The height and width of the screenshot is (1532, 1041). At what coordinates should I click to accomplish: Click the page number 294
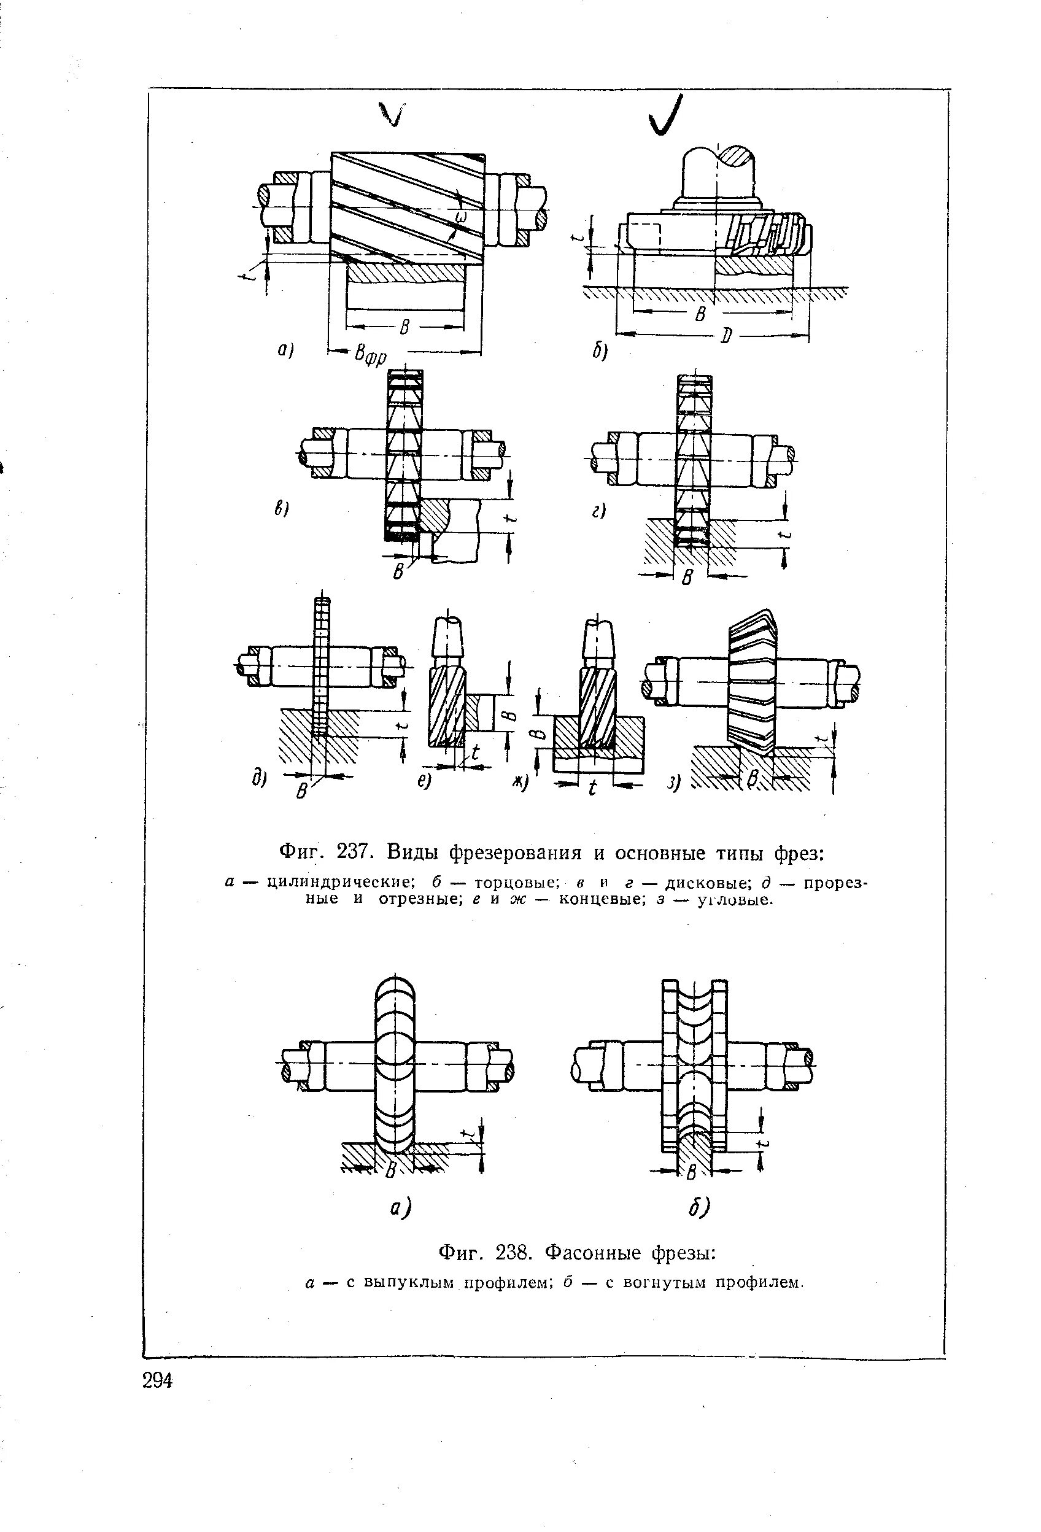click(158, 1380)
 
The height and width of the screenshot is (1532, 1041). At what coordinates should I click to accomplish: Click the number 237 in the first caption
click(357, 853)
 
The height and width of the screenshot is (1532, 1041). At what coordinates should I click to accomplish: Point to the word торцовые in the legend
click(508, 883)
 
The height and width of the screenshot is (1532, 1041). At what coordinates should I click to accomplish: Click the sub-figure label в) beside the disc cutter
click(282, 509)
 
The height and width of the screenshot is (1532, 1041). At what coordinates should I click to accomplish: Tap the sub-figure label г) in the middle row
click(598, 511)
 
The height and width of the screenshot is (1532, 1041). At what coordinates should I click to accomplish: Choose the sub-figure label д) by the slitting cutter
click(258, 779)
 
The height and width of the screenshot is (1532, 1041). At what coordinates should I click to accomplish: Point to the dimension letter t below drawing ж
click(591, 787)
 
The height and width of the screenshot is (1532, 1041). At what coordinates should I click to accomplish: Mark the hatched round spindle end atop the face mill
click(737, 157)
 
